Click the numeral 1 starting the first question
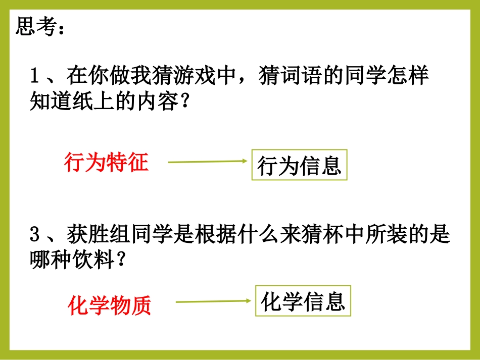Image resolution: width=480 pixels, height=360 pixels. pos(35,77)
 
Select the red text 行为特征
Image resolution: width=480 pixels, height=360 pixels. pos(106,163)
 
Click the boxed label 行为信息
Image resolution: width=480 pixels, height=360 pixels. pos(300,165)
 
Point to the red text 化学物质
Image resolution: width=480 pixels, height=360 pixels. pos(110,305)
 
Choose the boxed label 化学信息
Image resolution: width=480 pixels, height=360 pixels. pos(303,301)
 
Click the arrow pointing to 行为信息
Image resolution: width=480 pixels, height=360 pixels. pos(207,162)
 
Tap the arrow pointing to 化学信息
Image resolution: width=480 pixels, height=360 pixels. pos(213,302)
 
